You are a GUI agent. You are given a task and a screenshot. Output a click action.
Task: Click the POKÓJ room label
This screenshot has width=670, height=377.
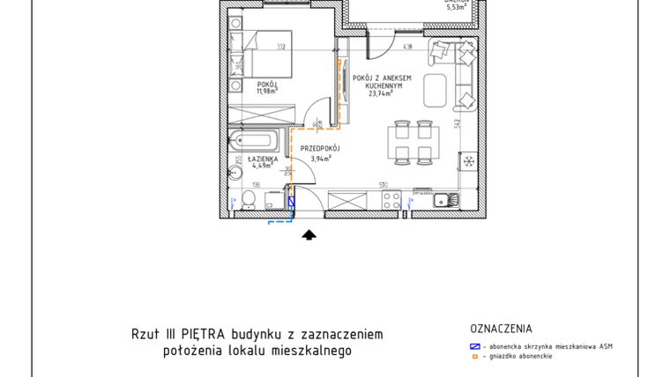click(266, 83)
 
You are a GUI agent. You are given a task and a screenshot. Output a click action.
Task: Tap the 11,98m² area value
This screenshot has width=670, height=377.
click(266, 90)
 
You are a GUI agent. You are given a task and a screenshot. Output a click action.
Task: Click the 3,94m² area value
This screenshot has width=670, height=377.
click(320, 159)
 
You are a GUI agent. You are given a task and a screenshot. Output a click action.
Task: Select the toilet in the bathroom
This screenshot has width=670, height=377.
click(248, 202)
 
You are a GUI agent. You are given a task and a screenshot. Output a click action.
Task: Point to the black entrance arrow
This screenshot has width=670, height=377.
click(309, 234)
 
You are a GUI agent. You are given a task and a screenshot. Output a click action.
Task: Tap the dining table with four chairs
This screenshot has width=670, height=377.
click(413, 143)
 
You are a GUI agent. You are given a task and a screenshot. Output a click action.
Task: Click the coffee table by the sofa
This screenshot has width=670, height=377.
click(436, 90)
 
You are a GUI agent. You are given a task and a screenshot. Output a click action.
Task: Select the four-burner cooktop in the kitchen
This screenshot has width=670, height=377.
click(391, 199)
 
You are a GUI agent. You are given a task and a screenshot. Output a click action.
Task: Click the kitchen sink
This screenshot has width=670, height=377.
click(446, 199)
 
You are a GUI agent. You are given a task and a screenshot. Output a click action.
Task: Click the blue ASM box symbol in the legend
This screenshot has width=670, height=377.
click(475, 346)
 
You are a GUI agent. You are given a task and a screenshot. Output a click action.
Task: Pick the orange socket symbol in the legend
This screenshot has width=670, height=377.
click(475, 357)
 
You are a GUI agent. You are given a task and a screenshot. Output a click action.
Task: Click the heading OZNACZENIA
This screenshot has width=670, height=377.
click(502, 329)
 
